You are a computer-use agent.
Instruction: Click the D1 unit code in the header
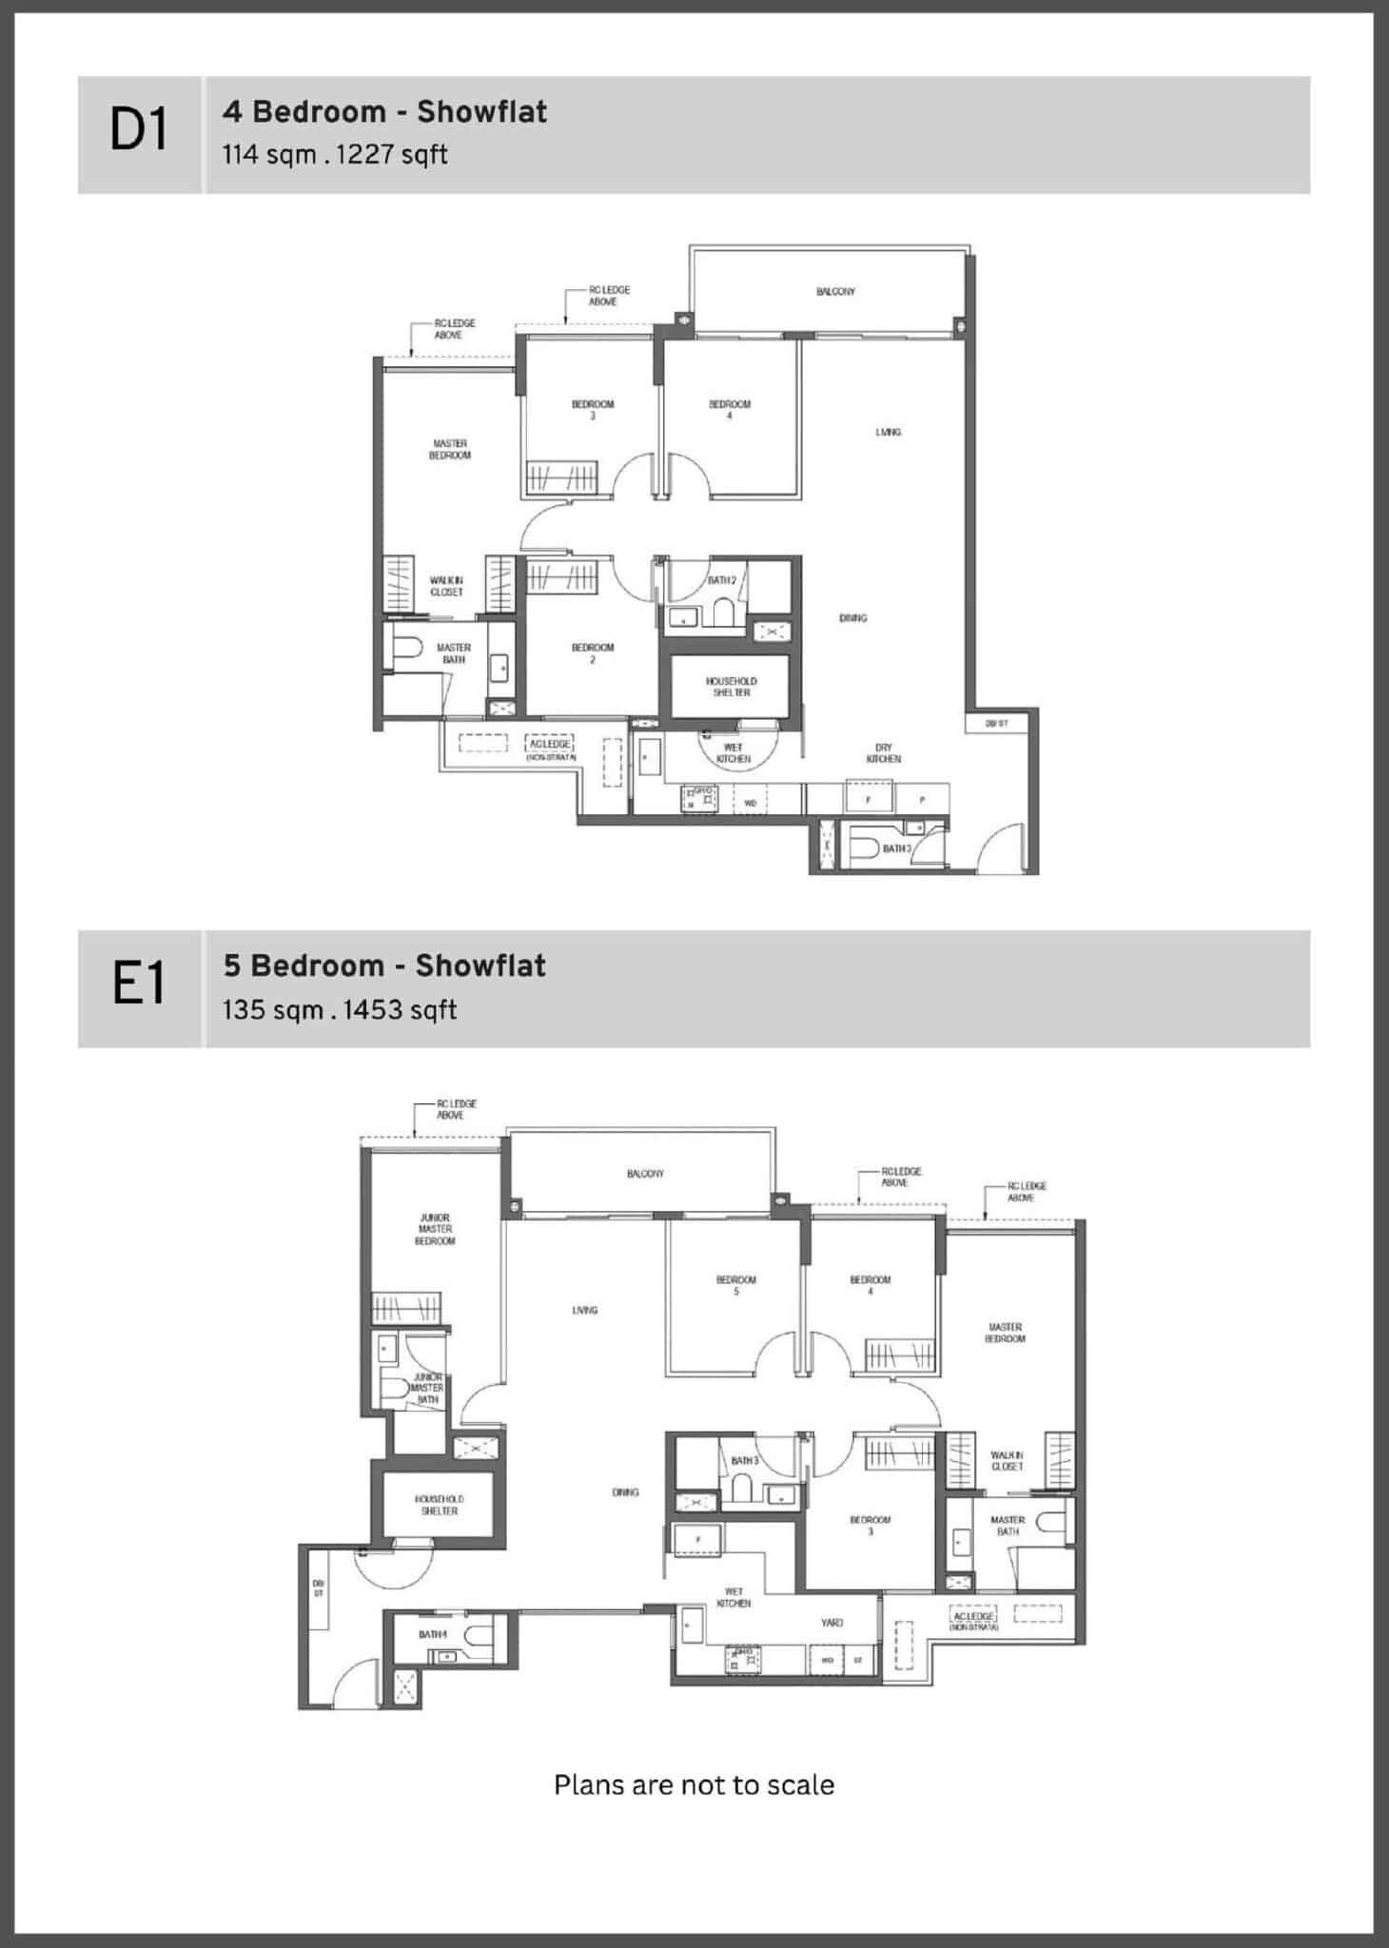point(139,131)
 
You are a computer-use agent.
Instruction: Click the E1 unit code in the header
point(139,985)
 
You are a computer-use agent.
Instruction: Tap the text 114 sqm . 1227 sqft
point(335,154)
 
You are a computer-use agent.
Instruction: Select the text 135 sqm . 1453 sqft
point(340,1009)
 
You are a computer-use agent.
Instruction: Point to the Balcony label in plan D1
point(835,292)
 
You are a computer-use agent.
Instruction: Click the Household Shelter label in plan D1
point(731,687)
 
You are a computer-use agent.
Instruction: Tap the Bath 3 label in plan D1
point(896,848)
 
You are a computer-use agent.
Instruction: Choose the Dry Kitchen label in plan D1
point(883,753)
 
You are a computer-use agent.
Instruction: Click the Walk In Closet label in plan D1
point(446,586)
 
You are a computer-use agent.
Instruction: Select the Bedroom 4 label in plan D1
point(730,410)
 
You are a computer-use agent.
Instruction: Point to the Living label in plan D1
point(888,433)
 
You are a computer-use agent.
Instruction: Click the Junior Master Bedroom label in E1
point(435,1229)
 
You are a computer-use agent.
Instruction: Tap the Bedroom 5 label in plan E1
point(735,1285)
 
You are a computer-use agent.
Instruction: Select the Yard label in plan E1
point(831,1623)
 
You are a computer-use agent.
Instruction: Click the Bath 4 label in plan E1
point(433,1634)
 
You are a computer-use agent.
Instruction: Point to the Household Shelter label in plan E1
point(439,1505)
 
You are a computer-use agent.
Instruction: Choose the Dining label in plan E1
point(625,1492)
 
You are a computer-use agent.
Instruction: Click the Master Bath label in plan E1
point(1007,1526)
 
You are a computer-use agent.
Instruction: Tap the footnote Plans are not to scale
point(694,1785)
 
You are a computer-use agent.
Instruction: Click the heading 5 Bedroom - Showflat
point(384,966)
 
